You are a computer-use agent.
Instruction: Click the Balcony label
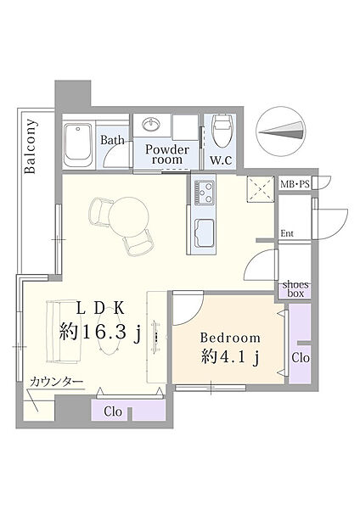coord(31,147)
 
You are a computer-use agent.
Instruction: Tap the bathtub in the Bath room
coord(78,145)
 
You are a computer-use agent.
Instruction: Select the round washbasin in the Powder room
coord(151,124)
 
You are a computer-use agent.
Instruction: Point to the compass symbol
coord(281,131)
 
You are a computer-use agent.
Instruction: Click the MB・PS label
coord(295,184)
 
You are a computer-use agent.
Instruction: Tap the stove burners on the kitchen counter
coord(204,193)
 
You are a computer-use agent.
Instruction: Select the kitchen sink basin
coord(204,233)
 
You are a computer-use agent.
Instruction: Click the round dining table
coord(129,216)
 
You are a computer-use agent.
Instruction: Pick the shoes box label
coord(295,289)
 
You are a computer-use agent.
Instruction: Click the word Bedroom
coord(230,338)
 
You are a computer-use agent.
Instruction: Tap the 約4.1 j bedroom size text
coord(230,358)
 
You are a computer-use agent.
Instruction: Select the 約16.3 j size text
coord(100,333)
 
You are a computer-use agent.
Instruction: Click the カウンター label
coord(57,382)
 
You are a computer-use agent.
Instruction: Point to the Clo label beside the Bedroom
coord(301,358)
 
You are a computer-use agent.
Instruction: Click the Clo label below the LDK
coord(113,411)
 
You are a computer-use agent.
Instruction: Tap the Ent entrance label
coord(287,233)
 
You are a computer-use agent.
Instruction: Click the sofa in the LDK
coord(64,332)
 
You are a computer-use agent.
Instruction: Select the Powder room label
coord(167,154)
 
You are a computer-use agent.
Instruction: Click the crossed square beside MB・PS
coord(261,189)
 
